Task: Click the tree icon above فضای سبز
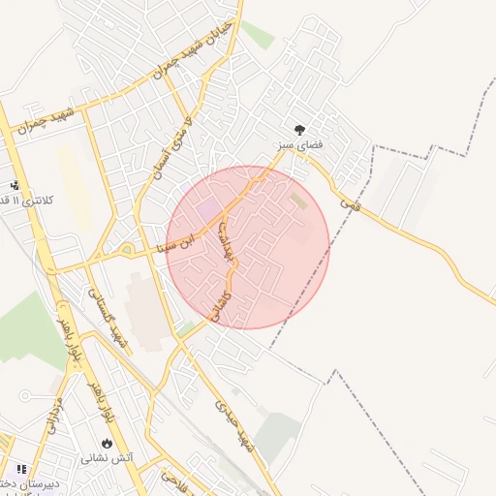(x=300, y=129)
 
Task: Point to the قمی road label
(x=350, y=204)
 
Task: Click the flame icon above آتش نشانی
(x=106, y=443)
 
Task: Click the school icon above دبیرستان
(x=21, y=469)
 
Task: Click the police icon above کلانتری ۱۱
(x=14, y=185)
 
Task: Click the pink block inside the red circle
(x=208, y=209)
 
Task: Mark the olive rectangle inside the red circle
(x=298, y=202)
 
